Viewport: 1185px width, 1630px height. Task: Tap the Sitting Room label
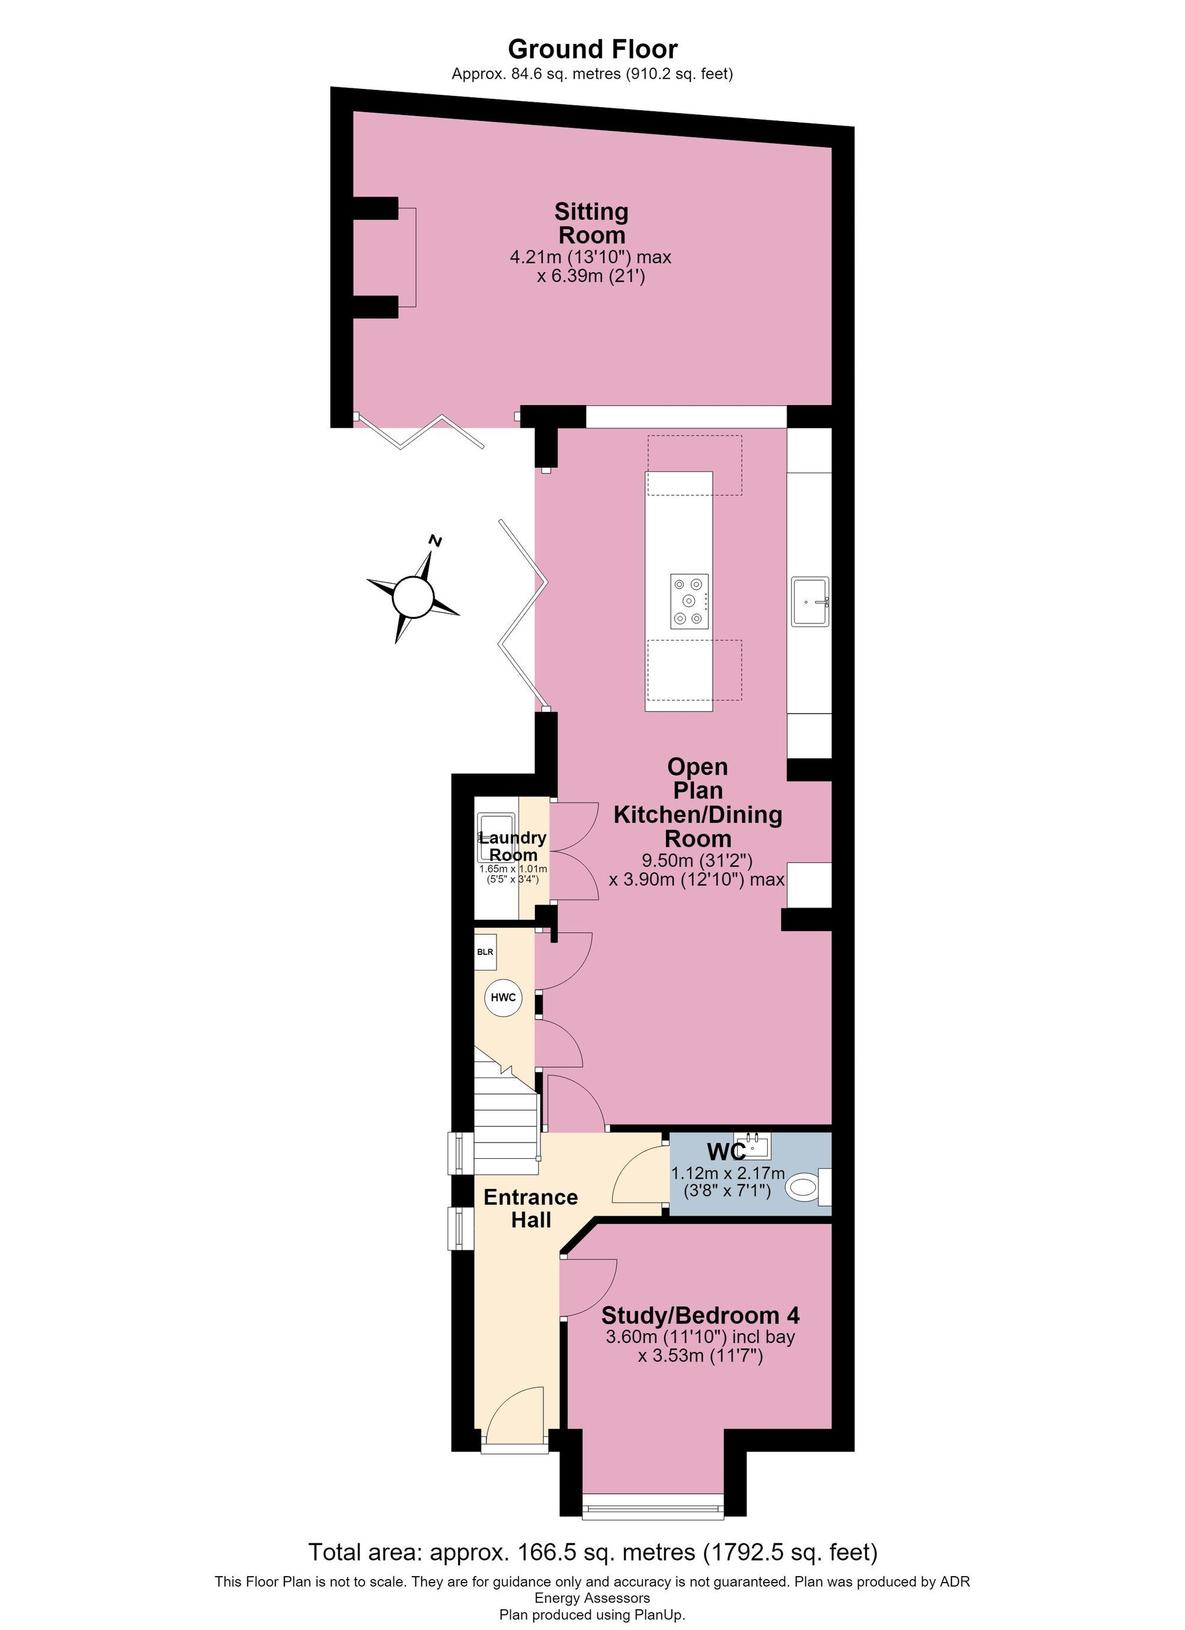591,223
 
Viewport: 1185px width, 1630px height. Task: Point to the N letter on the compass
434,541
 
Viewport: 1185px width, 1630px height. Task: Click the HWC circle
503,998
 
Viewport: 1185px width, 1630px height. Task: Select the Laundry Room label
513,846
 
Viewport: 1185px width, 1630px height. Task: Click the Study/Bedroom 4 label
701,1315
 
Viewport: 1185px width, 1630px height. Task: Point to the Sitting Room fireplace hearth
406,257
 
